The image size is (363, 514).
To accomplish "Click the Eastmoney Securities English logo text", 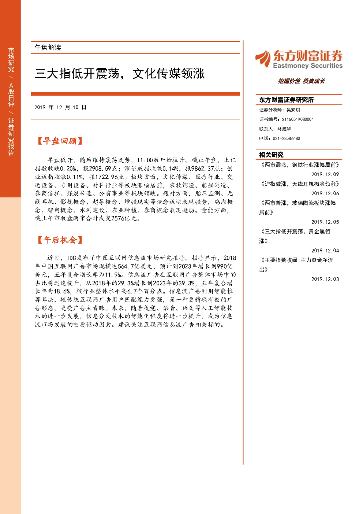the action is tap(307, 66).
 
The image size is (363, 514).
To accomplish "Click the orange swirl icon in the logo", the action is tap(263, 59).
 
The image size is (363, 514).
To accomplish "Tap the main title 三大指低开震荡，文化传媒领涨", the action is tap(120, 74).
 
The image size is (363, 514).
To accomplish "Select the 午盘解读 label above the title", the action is tap(48, 48).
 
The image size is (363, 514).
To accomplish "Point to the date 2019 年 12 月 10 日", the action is tap(60, 107).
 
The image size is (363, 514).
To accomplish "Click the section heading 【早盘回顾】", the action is tap(60, 141).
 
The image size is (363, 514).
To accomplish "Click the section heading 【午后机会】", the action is tap(60, 240).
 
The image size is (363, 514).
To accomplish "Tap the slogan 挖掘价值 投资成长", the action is tap(302, 81).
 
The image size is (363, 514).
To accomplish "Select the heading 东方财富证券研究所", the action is tap(286, 100).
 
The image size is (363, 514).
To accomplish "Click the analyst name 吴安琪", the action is tap(293, 110).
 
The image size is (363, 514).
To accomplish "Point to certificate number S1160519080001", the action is tap(298, 119).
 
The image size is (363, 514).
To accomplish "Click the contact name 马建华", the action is tap(284, 129).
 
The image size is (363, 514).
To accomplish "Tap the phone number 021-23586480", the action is tap(286, 138).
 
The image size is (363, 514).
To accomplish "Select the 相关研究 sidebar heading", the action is tap(271, 155).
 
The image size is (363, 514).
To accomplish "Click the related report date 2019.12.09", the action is tap(325, 174).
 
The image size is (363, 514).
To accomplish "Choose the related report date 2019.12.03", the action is tap(325, 279).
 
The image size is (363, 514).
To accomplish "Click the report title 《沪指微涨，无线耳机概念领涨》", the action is tap(299, 184).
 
